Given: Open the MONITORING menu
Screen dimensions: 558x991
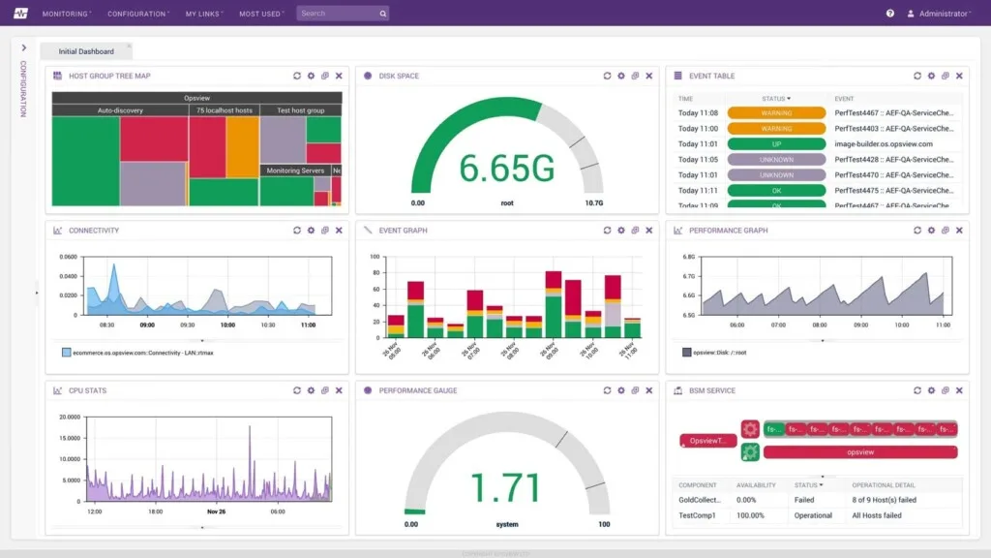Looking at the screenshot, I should [65, 14].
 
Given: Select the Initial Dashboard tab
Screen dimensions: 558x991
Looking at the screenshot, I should [86, 51].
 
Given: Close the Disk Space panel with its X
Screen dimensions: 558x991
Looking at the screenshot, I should [648, 76].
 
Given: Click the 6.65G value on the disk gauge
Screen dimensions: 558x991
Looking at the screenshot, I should [506, 169].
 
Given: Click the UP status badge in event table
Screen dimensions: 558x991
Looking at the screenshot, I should [776, 144].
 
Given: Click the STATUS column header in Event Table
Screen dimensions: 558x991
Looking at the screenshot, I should [774, 99].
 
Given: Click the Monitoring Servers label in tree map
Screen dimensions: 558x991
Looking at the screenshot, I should [295, 170].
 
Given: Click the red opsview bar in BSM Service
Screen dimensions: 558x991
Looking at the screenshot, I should [860, 452].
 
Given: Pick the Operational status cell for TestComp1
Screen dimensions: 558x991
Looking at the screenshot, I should [813, 515].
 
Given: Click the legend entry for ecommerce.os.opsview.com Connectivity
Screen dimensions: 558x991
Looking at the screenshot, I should [140, 353].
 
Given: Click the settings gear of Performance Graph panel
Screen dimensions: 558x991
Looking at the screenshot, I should [931, 231].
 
